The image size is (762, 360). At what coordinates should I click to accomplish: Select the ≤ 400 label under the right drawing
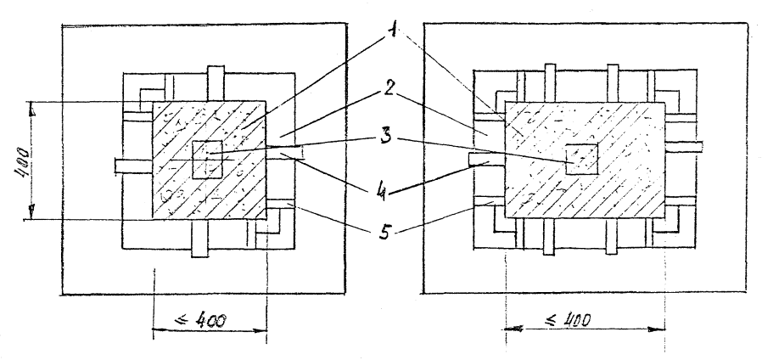(x=564, y=322)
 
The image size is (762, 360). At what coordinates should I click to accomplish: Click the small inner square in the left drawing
(x=208, y=160)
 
